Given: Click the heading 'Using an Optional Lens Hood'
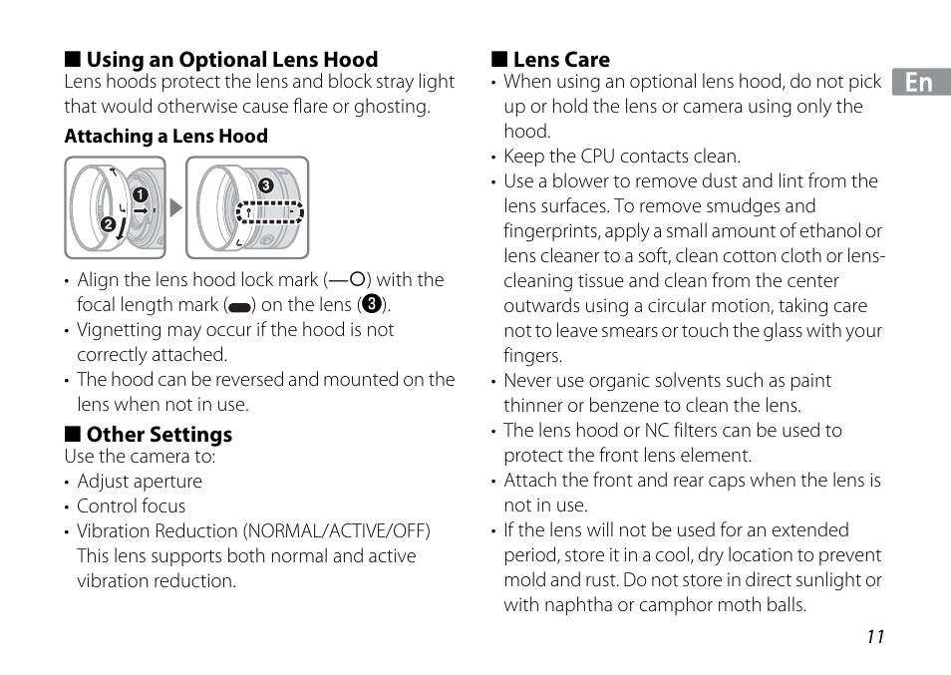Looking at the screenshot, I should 231,60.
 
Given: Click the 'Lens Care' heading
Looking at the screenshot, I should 560,60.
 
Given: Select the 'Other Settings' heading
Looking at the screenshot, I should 158,435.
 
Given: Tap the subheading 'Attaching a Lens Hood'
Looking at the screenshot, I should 166,137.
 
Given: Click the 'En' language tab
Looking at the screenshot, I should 919,83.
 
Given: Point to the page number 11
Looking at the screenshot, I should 875,638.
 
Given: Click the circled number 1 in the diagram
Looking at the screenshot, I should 141,194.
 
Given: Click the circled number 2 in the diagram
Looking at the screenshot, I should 108,224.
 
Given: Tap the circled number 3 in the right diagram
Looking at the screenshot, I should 266,185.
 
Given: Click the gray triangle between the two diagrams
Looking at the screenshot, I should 176,208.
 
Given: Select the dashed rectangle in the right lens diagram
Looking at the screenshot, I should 269,212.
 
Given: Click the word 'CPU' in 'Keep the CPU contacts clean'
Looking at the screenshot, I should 600,157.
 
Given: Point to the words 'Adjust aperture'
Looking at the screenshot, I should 140,482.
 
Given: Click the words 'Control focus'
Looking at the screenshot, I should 131,506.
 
